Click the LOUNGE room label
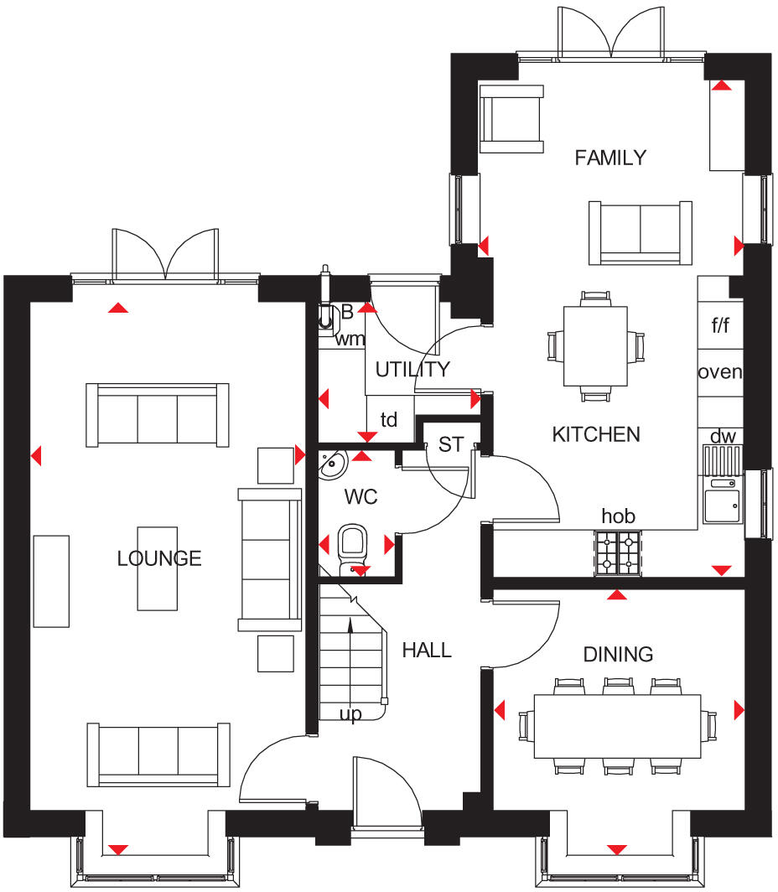(x=159, y=558)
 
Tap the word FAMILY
(x=610, y=158)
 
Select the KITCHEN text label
(x=596, y=434)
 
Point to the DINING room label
(x=618, y=654)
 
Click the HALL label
(x=427, y=650)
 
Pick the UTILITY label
(x=412, y=370)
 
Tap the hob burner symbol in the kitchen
(x=618, y=553)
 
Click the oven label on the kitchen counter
(x=720, y=371)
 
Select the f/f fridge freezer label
(x=720, y=326)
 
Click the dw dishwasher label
(x=722, y=436)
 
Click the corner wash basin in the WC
(x=333, y=462)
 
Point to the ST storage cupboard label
(x=451, y=445)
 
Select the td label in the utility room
(x=389, y=420)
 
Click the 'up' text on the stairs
(x=350, y=715)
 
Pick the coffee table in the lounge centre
(x=158, y=567)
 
